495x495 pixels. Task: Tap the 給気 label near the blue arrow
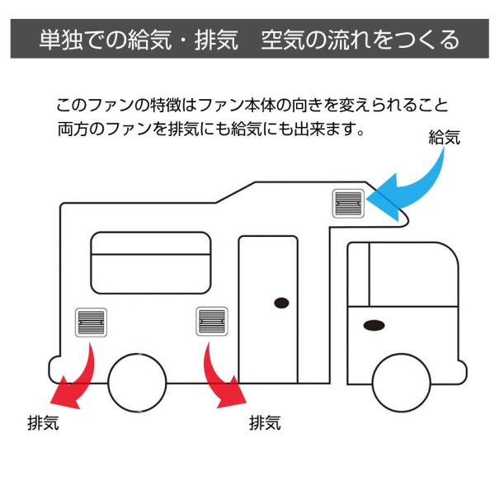coord(445,138)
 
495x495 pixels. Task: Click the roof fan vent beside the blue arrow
coord(348,202)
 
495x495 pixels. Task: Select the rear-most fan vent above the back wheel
coord(91,321)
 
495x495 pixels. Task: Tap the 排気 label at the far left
coord(42,424)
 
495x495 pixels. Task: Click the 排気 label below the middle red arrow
coord(265,424)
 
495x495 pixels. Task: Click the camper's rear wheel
coord(137,383)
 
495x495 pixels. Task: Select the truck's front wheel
coord(402,383)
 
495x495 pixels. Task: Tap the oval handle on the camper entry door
coord(281,303)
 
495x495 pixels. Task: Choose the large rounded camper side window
coord(150,262)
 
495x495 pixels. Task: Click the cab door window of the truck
coord(402,275)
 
